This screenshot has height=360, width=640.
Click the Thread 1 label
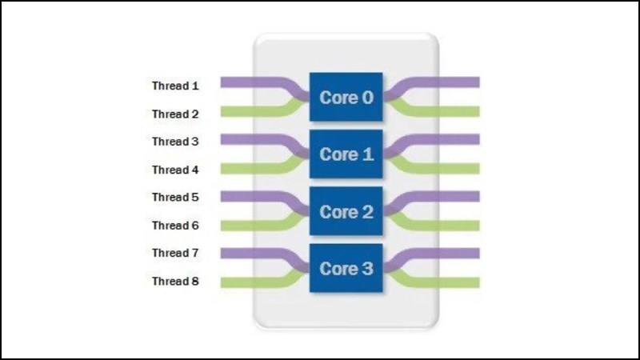(x=175, y=85)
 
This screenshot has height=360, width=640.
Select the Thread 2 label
(x=175, y=114)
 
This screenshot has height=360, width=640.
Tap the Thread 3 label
(x=175, y=142)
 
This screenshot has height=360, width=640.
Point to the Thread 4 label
(x=175, y=170)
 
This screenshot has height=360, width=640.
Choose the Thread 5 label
(x=175, y=197)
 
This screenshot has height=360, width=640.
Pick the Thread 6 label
(x=175, y=226)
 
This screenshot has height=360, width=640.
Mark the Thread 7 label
(x=175, y=253)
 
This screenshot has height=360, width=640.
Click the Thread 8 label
(x=175, y=282)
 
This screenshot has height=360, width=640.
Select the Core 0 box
(x=346, y=98)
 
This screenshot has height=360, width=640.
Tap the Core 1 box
(x=346, y=154)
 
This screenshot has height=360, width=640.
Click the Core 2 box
(x=346, y=212)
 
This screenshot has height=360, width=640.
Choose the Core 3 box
(x=346, y=269)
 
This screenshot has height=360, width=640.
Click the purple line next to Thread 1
(x=248, y=82)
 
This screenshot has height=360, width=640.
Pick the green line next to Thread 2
(x=248, y=112)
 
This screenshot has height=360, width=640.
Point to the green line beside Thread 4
(x=248, y=168)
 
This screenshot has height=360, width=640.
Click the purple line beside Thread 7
(x=248, y=253)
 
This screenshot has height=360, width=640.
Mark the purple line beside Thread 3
(x=248, y=139)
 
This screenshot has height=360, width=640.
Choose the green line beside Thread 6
(x=248, y=225)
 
